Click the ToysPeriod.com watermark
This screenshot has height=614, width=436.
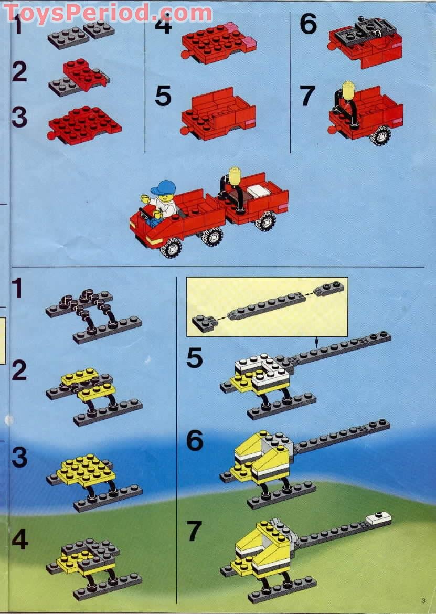pos(109,14)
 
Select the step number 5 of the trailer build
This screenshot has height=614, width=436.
pos(163,97)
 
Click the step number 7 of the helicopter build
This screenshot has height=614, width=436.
pos(195,531)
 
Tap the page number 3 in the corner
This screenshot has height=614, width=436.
pos(423,600)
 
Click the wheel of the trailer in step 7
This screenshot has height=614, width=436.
pos(380,135)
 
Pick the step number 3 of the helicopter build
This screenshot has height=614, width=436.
pos(19,457)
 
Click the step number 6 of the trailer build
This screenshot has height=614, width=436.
pos(309,24)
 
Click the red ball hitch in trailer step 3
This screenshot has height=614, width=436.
pos(51,135)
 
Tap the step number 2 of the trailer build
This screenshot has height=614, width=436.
pos(19,71)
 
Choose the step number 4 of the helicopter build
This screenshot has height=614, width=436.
pos(19,539)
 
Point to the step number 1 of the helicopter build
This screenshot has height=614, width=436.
pos(17,288)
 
